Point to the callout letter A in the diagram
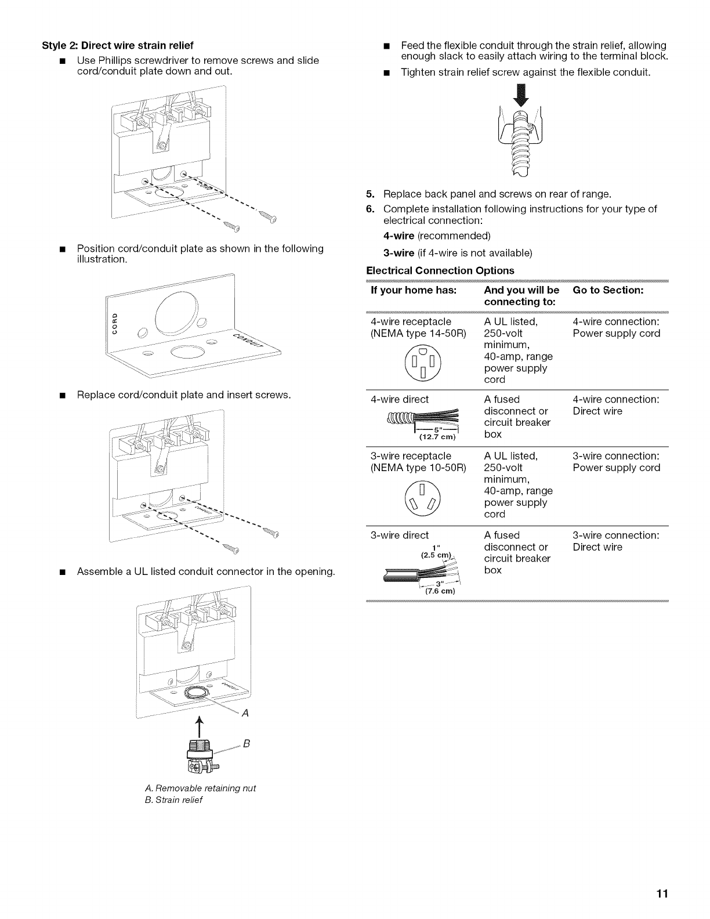tap(245, 714)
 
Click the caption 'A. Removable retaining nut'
tap(200, 788)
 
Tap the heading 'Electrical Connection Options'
tap(440, 270)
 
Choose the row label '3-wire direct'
tap(400, 535)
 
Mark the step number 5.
tap(370, 194)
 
